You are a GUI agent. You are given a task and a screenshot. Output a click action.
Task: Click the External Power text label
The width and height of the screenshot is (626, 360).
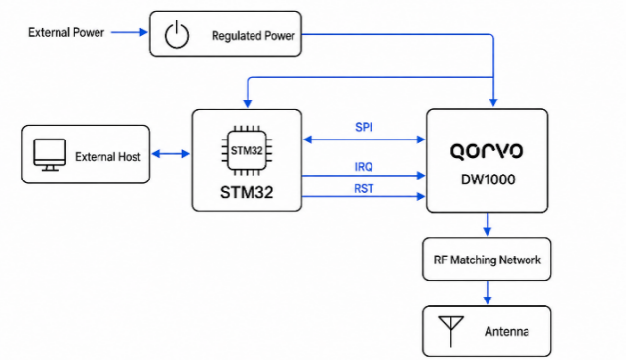coord(66,33)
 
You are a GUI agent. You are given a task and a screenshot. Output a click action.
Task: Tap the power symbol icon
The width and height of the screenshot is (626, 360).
coord(176,35)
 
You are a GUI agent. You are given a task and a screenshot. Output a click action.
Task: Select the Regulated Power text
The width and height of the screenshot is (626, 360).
coord(254,36)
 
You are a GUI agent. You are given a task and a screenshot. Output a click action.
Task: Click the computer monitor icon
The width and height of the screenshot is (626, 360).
coord(50,154)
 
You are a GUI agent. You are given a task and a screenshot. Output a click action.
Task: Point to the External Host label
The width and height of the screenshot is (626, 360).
coord(108,157)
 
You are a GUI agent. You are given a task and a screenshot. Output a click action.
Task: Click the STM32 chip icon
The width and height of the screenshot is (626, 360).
coord(247,150)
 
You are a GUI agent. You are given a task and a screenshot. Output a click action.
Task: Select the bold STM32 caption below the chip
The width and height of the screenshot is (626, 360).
coord(247,192)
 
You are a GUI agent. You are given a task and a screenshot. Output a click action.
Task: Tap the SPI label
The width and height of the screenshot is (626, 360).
coord(364,127)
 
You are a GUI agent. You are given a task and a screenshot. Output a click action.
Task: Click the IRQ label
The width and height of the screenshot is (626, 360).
coord(364,167)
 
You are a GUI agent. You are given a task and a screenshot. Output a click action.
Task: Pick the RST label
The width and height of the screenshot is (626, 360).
coord(364,188)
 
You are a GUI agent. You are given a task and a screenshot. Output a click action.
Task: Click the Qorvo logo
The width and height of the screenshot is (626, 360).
coord(487,152)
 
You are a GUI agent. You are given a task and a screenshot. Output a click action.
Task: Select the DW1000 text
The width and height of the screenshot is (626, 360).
coord(488,180)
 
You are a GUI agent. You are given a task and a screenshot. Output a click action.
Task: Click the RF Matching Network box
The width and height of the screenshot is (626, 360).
coord(487,260)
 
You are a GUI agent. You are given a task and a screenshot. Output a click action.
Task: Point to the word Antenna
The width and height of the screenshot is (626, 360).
coord(507,332)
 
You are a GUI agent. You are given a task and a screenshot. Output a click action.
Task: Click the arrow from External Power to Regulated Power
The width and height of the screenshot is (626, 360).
coord(130,32)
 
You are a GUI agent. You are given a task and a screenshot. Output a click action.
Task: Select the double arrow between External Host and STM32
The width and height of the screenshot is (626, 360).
coord(171,154)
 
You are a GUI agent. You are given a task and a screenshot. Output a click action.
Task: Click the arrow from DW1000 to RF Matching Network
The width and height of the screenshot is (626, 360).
coord(488,224)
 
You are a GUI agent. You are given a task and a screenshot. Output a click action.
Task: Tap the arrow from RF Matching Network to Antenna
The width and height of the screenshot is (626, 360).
coord(488,293)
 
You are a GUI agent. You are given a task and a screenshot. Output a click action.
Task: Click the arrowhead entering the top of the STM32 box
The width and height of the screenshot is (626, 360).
coord(248,103)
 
